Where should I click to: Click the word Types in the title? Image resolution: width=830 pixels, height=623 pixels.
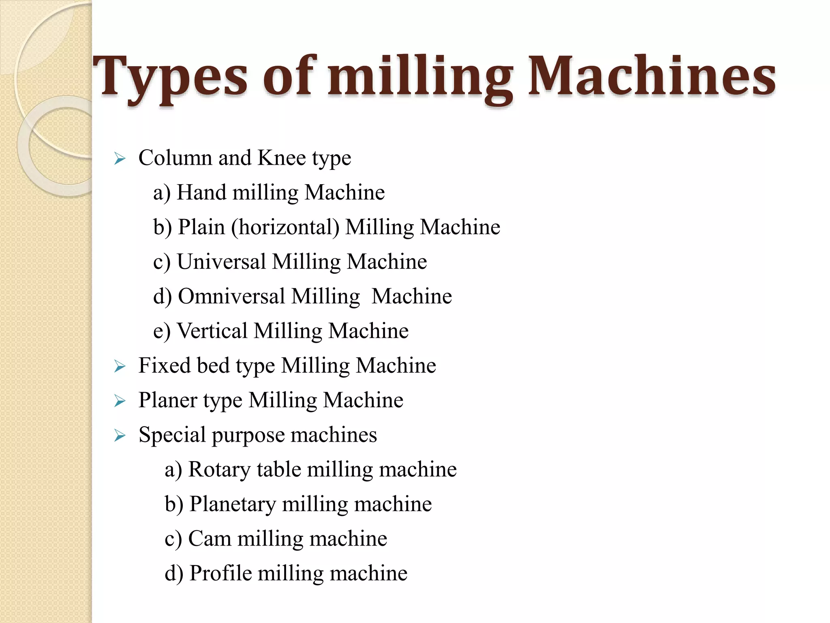pyautogui.click(x=170, y=77)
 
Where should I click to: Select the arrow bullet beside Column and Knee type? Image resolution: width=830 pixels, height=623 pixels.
pyautogui.click(x=120, y=159)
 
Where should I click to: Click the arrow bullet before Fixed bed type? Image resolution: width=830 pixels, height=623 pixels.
pyautogui.click(x=120, y=367)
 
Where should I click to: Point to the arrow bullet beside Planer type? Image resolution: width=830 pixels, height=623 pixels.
pyautogui.click(x=120, y=401)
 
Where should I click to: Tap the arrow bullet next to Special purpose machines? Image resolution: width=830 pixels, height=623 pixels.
pyautogui.click(x=120, y=436)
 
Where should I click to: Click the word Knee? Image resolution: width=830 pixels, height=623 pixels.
pyautogui.click(x=281, y=158)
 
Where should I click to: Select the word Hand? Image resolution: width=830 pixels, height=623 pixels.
pyautogui.click(x=201, y=192)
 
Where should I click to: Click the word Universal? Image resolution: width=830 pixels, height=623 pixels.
pyautogui.click(x=221, y=262)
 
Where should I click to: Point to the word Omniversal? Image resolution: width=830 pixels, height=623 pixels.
pyautogui.click(x=231, y=296)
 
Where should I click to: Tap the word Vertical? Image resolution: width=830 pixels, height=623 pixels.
pyautogui.click(x=212, y=331)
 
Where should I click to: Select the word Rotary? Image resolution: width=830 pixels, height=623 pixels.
pyautogui.click(x=219, y=470)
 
